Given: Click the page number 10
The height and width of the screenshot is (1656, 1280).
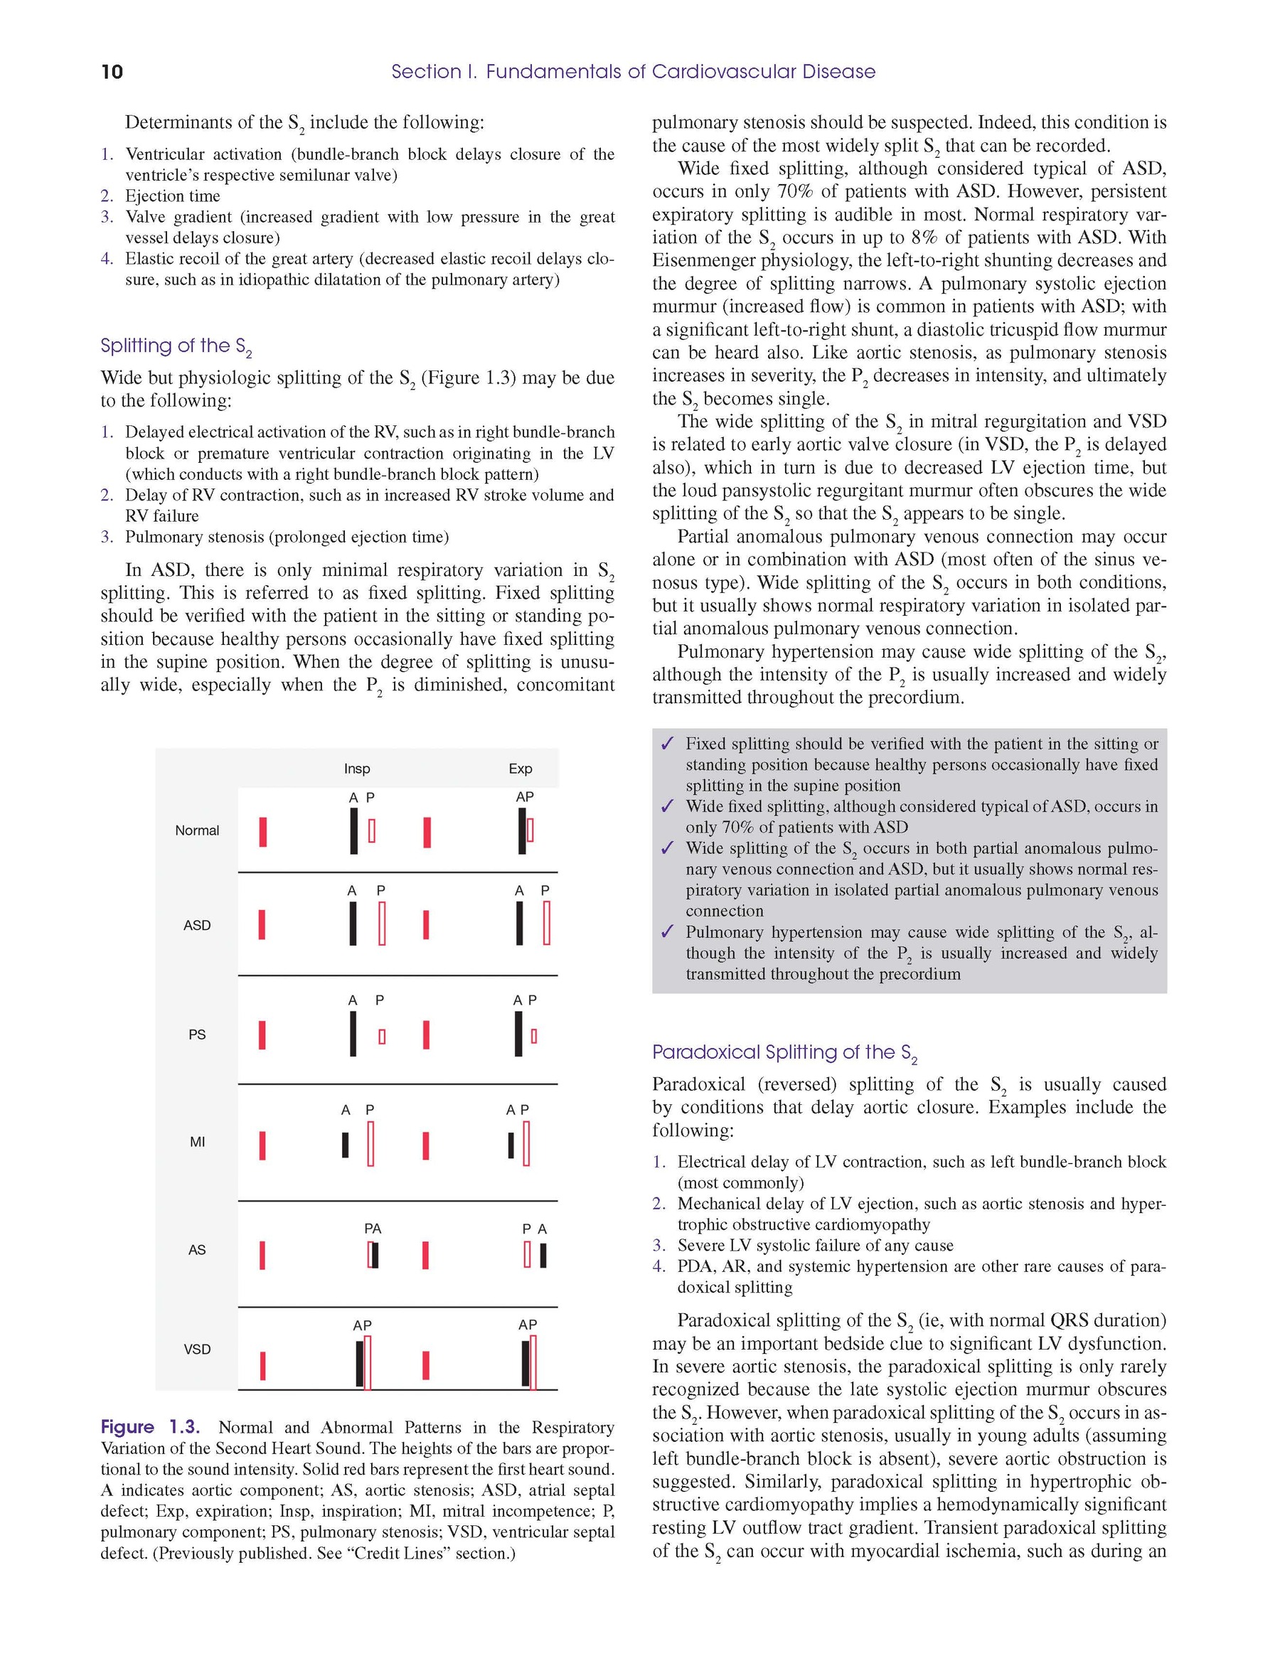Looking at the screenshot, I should click(112, 72).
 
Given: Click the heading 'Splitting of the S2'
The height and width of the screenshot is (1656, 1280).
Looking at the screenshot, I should click(176, 346).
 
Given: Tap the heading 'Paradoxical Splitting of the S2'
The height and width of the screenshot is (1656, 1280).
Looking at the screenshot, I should click(784, 1052).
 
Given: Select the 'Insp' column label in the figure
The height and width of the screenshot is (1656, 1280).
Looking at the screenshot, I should click(356, 769).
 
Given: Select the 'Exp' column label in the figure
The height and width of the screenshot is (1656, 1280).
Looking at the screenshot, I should click(521, 769).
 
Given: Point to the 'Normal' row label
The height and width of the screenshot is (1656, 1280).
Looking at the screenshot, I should click(197, 830).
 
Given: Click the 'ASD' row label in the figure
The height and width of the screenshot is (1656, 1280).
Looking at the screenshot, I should click(197, 925).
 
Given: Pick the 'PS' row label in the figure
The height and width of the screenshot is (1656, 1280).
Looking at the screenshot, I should click(197, 1035).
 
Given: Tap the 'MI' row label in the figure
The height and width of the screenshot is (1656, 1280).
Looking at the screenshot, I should click(197, 1142).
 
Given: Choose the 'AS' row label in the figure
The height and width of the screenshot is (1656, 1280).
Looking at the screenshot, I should click(197, 1249).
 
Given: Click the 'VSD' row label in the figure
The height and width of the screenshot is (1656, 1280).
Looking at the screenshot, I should click(197, 1349).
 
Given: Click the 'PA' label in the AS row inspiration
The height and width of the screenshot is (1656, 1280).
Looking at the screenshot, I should click(373, 1229).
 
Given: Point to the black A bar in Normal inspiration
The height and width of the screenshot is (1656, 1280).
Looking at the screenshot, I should click(353, 831).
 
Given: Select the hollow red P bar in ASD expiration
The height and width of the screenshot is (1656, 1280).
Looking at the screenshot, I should click(547, 923).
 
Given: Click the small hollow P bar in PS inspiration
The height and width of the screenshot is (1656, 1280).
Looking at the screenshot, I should click(381, 1036).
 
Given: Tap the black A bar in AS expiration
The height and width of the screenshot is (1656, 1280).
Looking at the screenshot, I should click(543, 1256).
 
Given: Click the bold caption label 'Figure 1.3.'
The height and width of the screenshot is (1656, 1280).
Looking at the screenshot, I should click(150, 1428).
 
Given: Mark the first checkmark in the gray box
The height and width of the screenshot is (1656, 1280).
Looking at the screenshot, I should click(667, 744).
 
